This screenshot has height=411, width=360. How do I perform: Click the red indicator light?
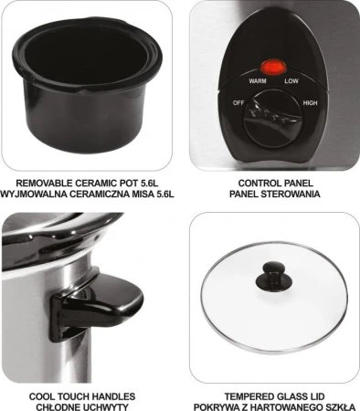273,67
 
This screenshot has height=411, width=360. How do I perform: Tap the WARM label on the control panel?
258,81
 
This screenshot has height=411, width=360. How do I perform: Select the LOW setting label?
291,81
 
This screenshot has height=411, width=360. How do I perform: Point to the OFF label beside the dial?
238,103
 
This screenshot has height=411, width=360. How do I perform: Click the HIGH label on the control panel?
310,103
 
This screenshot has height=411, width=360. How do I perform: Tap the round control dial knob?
273,119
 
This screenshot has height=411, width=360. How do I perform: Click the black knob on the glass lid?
274,277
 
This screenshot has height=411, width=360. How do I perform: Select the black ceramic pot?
87,85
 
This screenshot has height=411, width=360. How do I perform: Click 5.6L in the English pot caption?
150,184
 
